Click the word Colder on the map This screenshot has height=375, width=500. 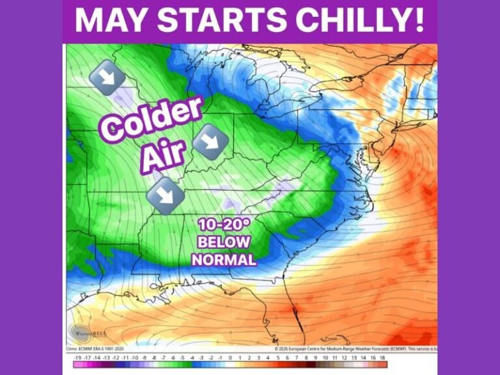(151, 118)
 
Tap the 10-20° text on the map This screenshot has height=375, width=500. (224, 225)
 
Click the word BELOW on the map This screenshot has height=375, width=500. (224, 242)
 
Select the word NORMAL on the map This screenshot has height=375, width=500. (224, 259)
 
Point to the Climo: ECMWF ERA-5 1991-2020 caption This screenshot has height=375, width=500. (97, 350)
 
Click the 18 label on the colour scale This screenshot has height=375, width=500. (383, 357)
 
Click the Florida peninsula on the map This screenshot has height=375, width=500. (296, 322)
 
